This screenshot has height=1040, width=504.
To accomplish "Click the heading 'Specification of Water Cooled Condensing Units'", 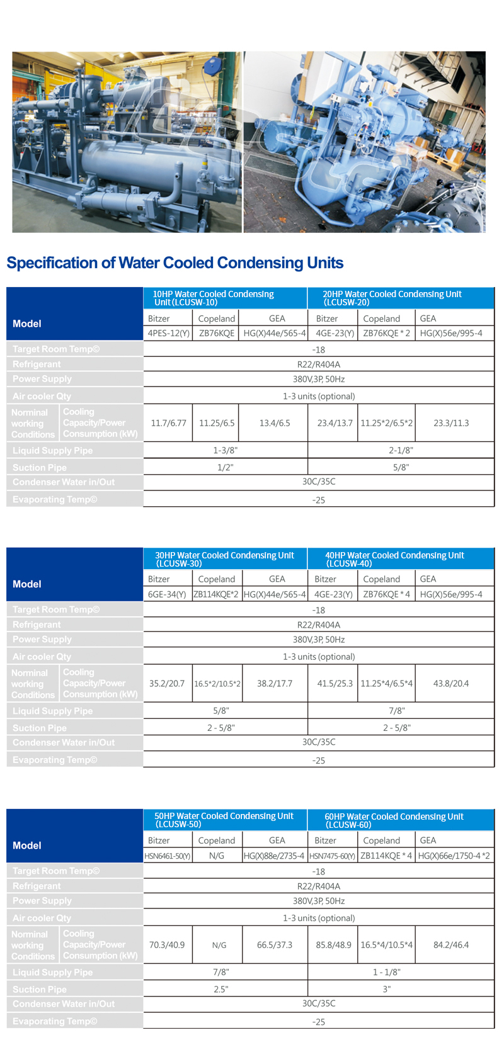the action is (x=175, y=263).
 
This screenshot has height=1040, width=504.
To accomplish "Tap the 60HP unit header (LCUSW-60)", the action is (x=394, y=820).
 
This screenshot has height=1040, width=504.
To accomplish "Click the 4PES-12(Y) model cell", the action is (x=168, y=333).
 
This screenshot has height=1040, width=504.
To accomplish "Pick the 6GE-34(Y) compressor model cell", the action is (x=167, y=594).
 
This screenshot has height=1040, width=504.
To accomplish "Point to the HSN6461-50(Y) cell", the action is (x=168, y=856).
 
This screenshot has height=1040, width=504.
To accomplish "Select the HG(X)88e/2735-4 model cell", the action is (x=274, y=856).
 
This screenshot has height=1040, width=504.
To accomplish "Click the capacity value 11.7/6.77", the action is (x=168, y=423).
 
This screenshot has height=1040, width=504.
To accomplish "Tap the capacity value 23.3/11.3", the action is (x=451, y=423).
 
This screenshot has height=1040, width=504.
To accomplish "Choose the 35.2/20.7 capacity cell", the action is (x=167, y=684).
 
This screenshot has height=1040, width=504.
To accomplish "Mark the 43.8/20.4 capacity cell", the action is (x=451, y=684).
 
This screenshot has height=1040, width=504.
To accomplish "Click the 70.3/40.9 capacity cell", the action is (x=167, y=945).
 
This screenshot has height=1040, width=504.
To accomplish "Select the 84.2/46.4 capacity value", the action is (x=451, y=945).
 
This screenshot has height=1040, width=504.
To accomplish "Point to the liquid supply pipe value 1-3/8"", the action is (x=225, y=451).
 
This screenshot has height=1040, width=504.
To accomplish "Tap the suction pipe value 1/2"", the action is (x=225, y=468).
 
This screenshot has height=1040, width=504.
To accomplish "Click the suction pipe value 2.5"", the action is (x=220, y=990).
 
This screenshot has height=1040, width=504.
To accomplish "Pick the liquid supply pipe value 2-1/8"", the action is (x=401, y=451).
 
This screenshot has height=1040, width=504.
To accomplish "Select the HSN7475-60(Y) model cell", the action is (x=333, y=856).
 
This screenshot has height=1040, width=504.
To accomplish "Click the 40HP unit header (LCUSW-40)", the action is (x=394, y=559).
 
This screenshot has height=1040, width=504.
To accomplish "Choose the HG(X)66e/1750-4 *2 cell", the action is (x=454, y=856).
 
